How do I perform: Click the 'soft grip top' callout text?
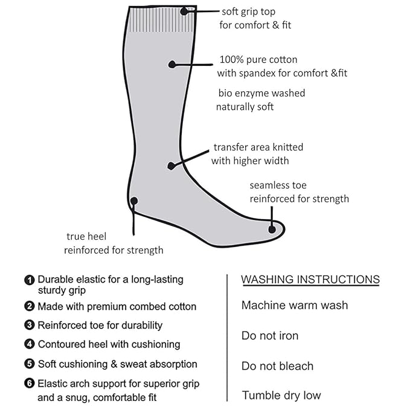click(x=248, y=11)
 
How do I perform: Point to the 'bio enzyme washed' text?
click(x=261, y=93)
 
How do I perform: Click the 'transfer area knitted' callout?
click(x=258, y=147)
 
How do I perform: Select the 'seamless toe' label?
click(x=278, y=185)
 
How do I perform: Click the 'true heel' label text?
click(x=84, y=237)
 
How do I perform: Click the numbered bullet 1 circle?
click(x=29, y=280)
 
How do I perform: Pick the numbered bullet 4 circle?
click(x=29, y=345)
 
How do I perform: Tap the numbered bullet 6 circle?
click(x=29, y=384)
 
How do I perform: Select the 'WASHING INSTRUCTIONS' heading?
click(x=310, y=279)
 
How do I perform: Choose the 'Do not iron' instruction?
click(x=269, y=336)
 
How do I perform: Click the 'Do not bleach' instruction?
click(x=277, y=366)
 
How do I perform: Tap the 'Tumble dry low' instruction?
click(x=281, y=396)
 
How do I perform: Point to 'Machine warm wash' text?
click(x=294, y=305)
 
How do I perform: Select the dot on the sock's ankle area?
click(x=171, y=165)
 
